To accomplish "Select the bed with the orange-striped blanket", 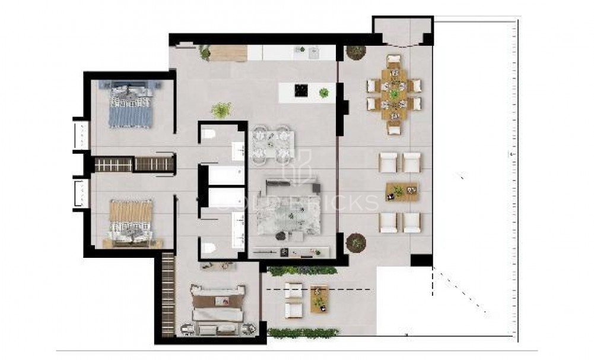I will coord(131,221).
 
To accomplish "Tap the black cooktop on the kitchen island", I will coord(301,91).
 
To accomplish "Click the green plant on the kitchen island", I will coord(323,93).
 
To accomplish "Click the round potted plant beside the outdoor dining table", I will coord(357,52).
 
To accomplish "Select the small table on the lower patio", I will coord(319,299).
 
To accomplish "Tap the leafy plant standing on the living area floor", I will coord(222,110).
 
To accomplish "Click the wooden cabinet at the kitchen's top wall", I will coord(229,53).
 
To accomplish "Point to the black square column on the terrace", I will coord(421,260).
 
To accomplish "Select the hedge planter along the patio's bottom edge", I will coord(303,332).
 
